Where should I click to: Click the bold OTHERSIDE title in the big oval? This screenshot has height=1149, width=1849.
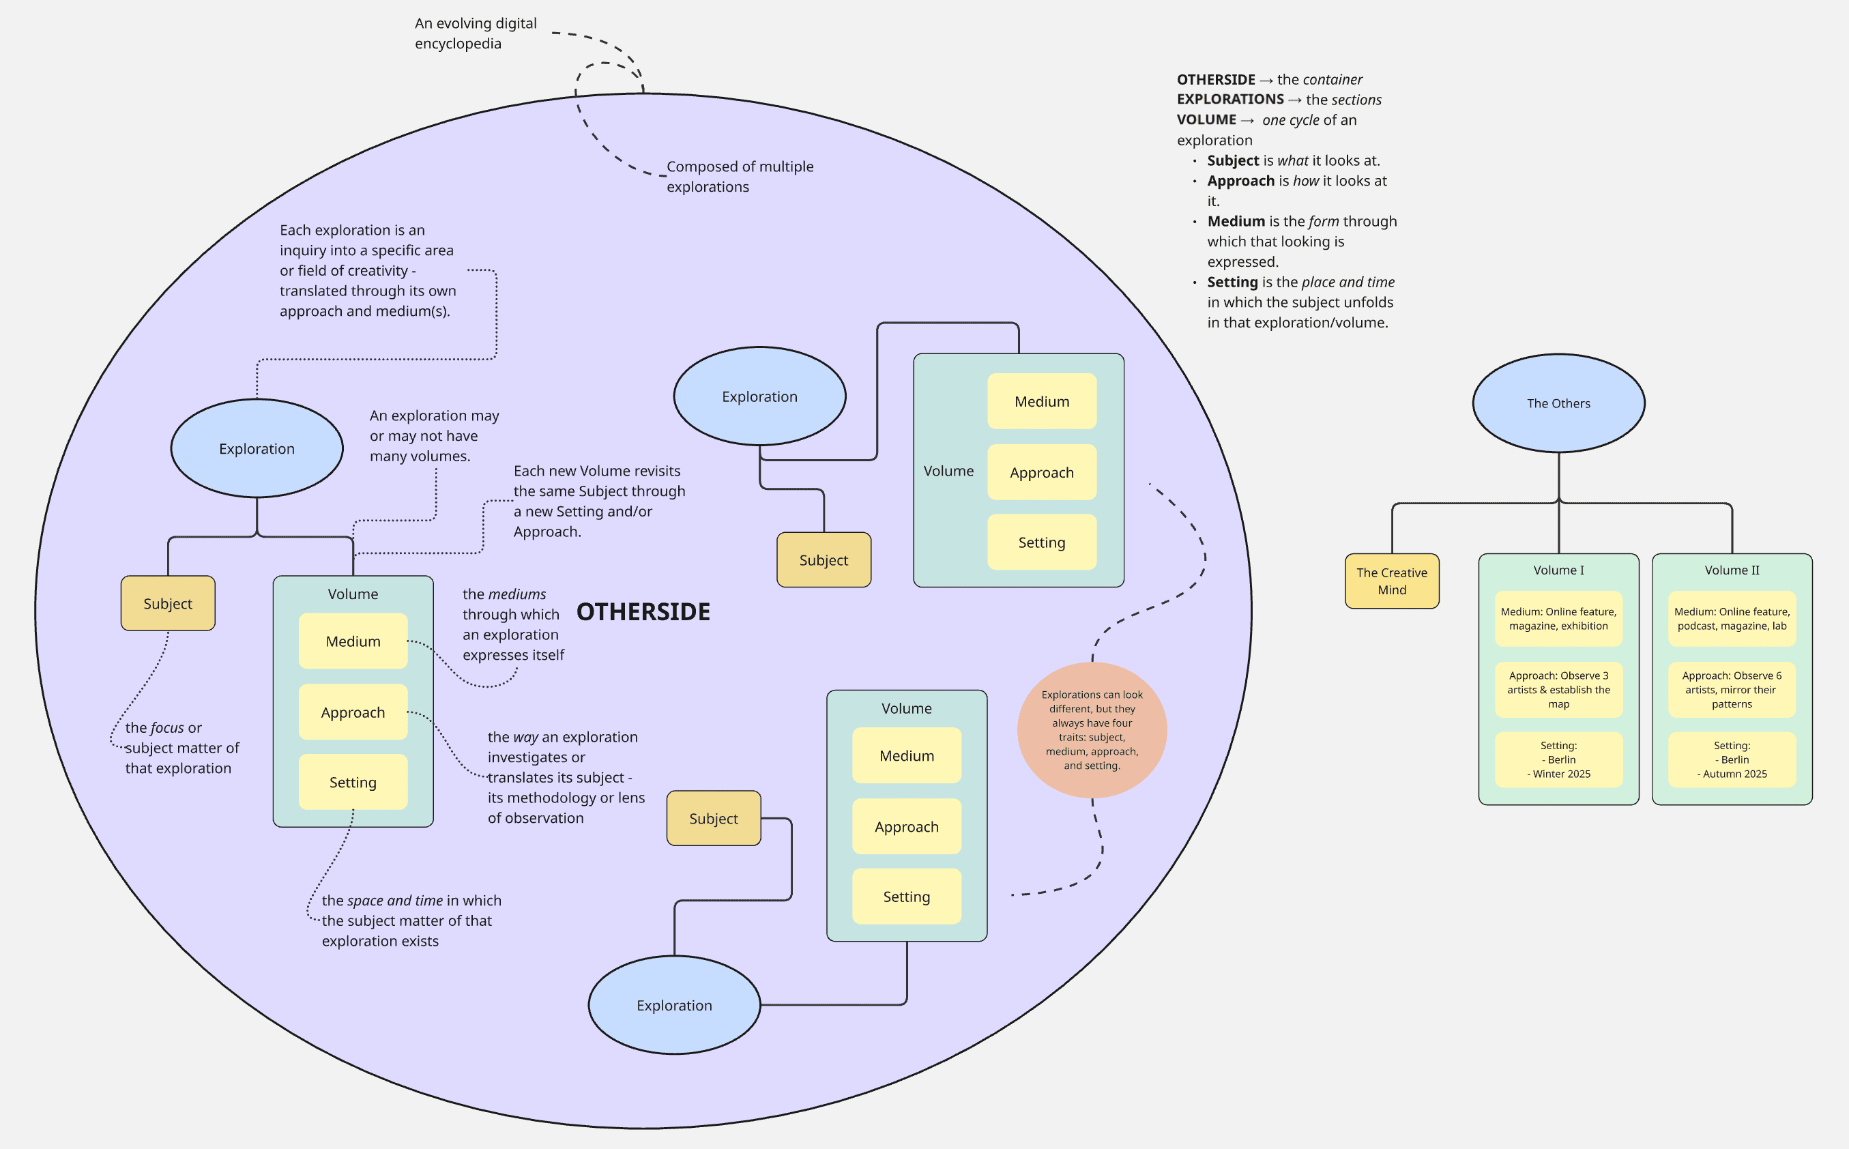pos(643,612)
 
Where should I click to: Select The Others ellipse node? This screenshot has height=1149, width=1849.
pos(1558,403)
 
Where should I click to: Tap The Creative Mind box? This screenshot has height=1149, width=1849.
pos(1392,581)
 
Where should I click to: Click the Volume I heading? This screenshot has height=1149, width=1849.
pos(1558,570)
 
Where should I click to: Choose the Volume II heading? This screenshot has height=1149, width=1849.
pos(1731,570)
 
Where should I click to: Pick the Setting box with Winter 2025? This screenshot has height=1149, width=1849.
pos(1558,759)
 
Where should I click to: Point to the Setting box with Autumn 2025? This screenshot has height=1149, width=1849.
pos(1731,759)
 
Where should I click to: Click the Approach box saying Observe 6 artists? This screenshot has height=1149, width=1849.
pos(1731,689)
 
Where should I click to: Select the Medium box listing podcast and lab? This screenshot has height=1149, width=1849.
pos(1731,619)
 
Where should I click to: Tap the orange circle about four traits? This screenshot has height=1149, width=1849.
pos(1092,729)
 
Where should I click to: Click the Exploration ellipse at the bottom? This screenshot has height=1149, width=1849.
pos(674,1004)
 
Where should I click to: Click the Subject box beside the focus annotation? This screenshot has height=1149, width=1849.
pos(168,603)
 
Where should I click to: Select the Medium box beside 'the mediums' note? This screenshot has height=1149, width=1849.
pos(353,641)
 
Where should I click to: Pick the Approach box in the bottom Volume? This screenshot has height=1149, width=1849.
pos(906,826)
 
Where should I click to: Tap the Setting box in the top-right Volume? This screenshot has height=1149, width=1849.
pos(1041,542)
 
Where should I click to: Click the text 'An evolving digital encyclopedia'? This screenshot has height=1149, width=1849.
pos(475,33)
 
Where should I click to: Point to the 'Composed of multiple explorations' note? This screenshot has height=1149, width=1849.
pos(739,176)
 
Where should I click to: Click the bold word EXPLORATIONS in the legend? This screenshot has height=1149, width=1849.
pos(1230,100)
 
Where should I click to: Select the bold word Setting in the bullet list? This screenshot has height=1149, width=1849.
pos(1232,282)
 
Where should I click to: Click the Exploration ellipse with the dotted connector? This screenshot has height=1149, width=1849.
pos(257,448)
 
